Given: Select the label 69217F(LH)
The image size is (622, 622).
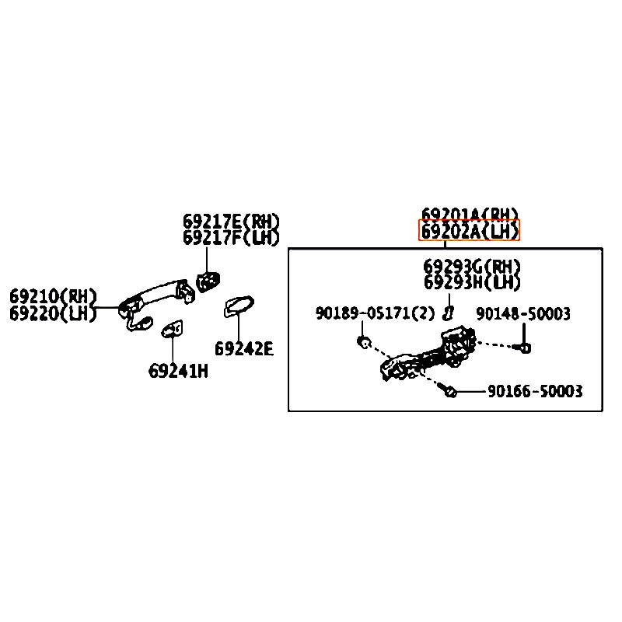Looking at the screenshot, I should tap(231, 238).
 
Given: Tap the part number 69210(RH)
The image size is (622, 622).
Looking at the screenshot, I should tap(53, 296).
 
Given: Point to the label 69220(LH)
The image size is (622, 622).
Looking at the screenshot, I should tap(53, 313).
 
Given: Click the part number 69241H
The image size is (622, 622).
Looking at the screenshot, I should tap(178, 371).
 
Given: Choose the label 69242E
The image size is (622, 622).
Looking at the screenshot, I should tap(244, 349).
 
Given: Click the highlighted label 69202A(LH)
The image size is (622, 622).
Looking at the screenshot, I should tap(470, 231).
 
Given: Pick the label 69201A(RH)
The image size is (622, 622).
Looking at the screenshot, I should tap(470, 214).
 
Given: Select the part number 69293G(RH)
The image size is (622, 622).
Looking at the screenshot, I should tap(472, 267).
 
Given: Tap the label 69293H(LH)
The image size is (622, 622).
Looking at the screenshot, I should tap(472, 283).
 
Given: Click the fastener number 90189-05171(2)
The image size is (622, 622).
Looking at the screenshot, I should tap(376, 313).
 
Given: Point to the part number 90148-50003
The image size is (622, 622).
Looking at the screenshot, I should tap(523, 313).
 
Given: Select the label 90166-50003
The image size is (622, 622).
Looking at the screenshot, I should tap(535, 391).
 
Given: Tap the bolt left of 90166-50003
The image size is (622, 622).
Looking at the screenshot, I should tap(449, 391).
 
